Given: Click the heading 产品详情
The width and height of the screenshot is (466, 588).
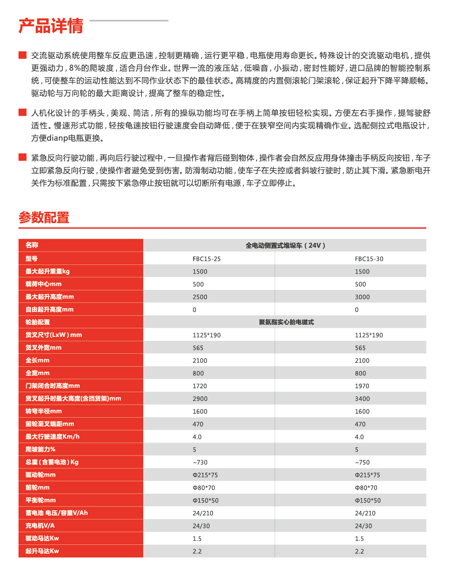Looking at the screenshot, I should pos(51,26).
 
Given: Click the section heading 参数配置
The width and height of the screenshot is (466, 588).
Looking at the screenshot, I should pos(44,217).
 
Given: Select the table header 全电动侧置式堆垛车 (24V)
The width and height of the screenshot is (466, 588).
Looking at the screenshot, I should pos(285,245).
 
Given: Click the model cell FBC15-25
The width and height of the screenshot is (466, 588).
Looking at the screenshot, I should pos(207,259).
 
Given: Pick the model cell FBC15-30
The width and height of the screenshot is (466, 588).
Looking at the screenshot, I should pos(369,259).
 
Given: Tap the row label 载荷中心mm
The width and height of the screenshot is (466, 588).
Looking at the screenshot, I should pos(44,284).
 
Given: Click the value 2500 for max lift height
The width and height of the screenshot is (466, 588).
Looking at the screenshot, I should pos(200,297).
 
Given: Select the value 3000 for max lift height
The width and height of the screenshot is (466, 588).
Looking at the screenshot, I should pos(362,297).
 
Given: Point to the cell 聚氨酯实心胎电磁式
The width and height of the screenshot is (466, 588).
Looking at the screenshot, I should pos(286,322).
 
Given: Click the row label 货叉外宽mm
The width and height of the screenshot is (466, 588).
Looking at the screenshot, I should pos(44,348).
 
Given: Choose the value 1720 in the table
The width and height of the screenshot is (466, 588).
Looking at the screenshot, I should pos(200,386).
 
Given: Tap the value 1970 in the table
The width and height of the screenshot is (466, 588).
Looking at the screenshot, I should pos(362,386).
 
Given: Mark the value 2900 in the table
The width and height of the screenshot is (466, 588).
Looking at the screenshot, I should pos(200,399).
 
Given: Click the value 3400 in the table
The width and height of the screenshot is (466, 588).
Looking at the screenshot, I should pos(362,399).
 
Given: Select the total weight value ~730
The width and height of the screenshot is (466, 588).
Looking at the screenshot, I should pos(200,462).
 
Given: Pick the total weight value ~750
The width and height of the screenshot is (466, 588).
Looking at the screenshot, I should pos(362,462).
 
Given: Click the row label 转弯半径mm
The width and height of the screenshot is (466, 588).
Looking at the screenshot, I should pos(44,411).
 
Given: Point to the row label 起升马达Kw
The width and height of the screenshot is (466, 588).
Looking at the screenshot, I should pos(42,551).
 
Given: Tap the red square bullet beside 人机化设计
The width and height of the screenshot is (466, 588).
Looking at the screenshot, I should pos(23,113).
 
